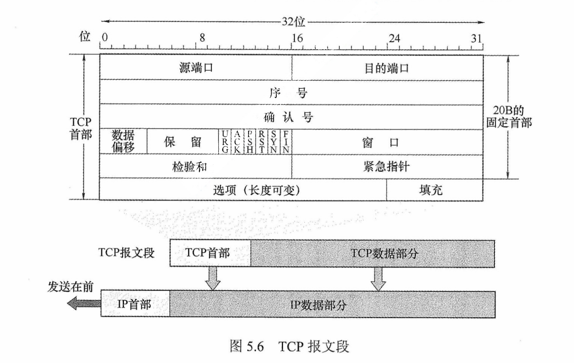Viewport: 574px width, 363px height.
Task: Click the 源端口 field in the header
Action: pos(196,68)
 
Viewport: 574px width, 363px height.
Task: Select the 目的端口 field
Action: pos(387,68)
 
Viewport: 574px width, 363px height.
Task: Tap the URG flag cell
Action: pos(225,142)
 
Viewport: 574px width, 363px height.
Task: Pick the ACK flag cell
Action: pos(237,142)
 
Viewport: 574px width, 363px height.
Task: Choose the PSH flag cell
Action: pos(249,142)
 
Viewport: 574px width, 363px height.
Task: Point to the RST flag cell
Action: pos(261,142)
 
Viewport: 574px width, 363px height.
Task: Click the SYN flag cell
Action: pos(274,142)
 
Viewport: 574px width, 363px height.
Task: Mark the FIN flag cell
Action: pos(286,142)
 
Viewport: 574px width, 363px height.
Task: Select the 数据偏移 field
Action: pos(123,141)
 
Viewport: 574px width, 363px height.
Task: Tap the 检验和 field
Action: pos(190,167)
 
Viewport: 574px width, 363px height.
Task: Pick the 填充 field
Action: pos(431,190)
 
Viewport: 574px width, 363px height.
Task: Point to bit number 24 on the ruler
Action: pos(394,38)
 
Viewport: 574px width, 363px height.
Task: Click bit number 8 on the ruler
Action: pos(202,38)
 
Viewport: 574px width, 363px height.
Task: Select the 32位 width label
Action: pos(293,21)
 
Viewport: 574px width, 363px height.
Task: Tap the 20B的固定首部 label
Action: pos(509,116)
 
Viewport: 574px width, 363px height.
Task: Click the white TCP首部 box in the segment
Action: pos(208,253)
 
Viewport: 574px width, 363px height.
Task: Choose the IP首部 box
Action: pos(134,304)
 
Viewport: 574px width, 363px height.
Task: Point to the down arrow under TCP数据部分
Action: pos(378,279)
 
